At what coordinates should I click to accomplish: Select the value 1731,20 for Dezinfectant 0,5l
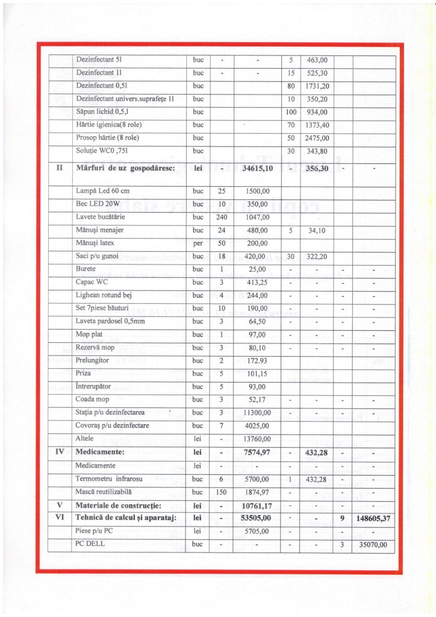(317, 86)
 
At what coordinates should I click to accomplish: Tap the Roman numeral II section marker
(60, 168)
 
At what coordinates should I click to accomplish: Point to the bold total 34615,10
(257, 169)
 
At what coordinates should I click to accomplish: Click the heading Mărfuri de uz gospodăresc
(125, 168)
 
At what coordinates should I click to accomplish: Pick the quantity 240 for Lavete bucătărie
(221, 217)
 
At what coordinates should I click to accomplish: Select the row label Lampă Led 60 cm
(103, 190)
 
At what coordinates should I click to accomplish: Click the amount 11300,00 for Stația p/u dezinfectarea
(257, 413)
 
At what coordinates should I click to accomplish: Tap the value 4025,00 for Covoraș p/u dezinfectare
(257, 426)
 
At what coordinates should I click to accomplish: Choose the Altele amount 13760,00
(257, 439)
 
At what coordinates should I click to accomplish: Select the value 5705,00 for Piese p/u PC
(257, 532)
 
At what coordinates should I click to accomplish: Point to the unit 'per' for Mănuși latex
(198, 243)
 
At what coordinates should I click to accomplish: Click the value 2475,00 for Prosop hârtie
(317, 138)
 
